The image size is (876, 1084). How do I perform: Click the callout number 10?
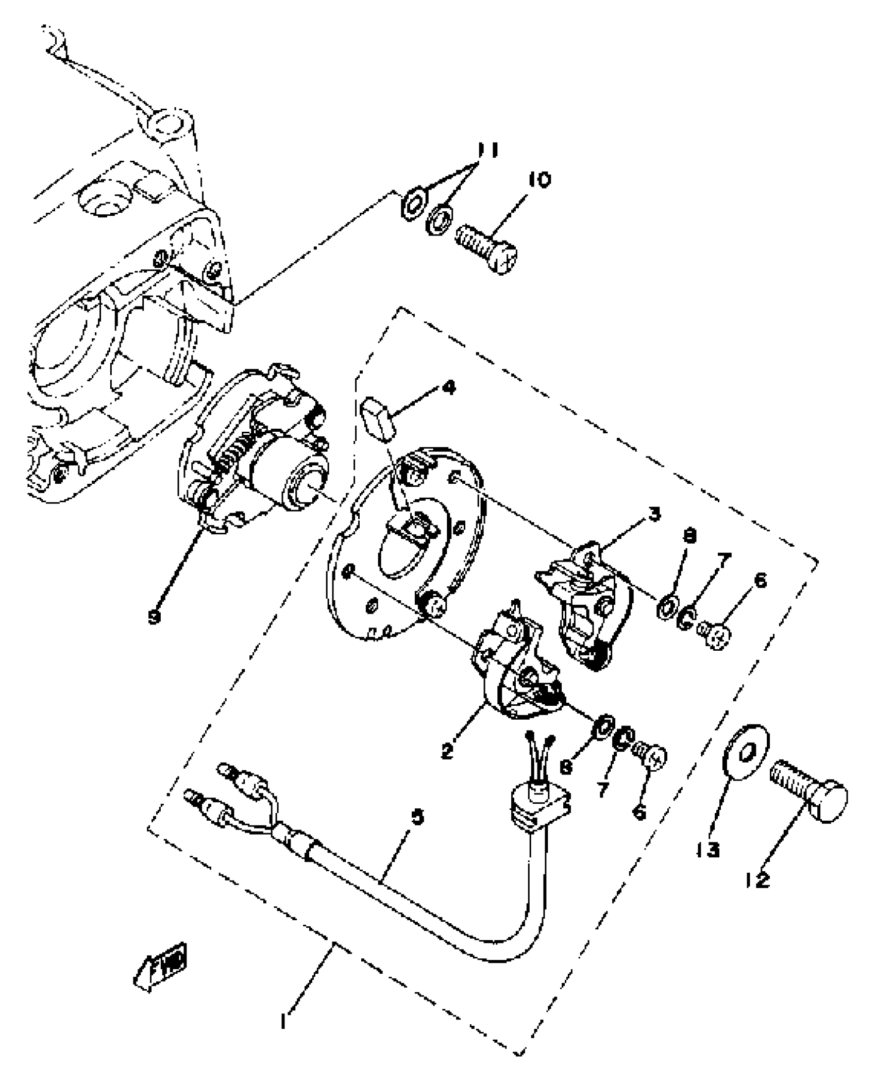tap(539, 180)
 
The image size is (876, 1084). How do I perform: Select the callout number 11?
tap(486, 151)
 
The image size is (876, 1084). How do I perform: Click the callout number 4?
tap(449, 388)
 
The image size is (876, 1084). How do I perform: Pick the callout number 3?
tap(654, 514)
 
